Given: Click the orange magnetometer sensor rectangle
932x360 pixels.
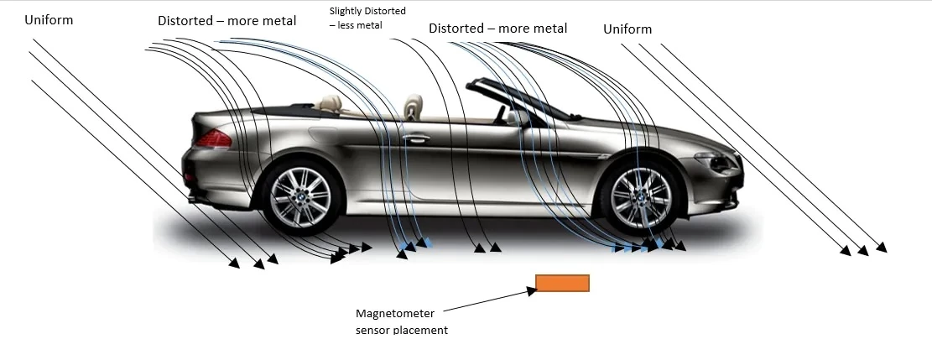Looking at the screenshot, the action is (x=562, y=284).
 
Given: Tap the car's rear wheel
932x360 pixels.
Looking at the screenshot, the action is (x=301, y=196).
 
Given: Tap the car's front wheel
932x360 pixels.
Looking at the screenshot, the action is (x=642, y=197).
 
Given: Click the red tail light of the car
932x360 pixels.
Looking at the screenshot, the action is (x=213, y=138).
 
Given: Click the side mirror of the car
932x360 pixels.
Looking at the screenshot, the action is (x=516, y=117).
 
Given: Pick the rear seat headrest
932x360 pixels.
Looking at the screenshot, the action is (x=330, y=103).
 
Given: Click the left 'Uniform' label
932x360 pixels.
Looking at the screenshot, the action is (x=49, y=19).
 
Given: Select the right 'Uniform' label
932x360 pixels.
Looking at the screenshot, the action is (x=627, y=29).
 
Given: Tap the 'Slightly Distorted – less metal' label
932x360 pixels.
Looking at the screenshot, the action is (x=368, y=18).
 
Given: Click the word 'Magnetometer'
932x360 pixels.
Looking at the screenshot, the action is (x=395, y=314).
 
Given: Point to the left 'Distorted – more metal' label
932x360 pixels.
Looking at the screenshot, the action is (x=227, y=21).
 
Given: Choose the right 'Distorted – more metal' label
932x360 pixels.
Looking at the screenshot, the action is (x=498, y=28).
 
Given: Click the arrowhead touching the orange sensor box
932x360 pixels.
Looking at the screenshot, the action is (x=531, y=291).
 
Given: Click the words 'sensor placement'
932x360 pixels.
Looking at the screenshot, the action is (x=402, y=330).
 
